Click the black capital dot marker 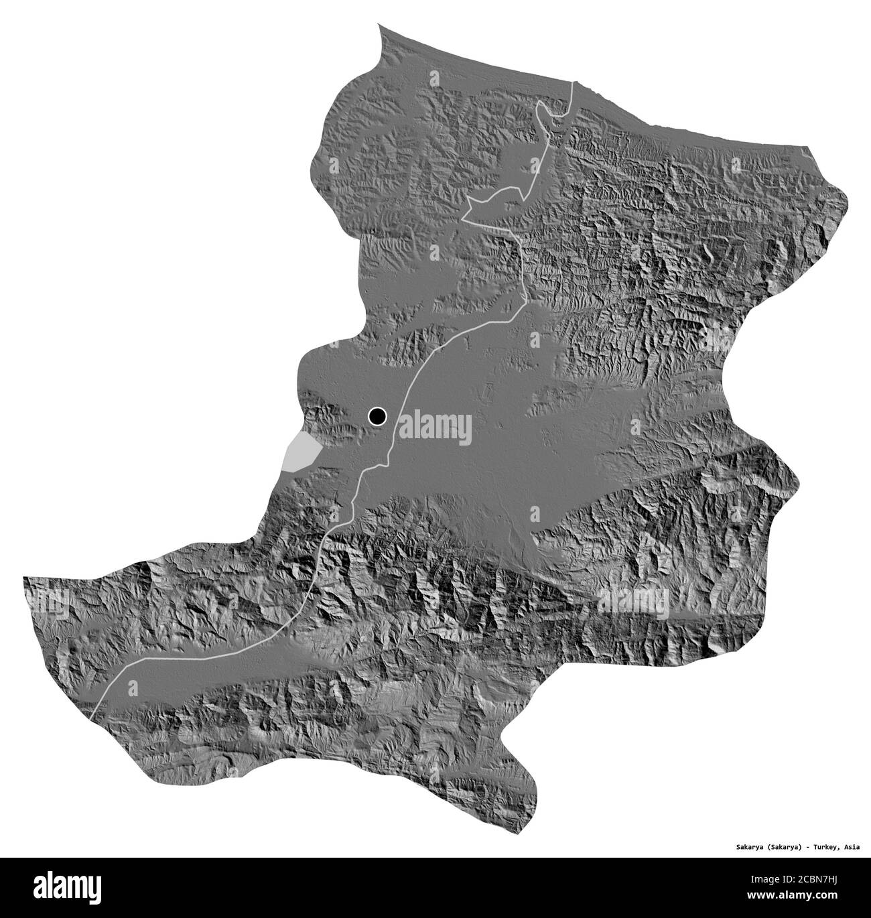pyautogui.click(x=377, y=417)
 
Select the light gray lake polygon pyautogui.click(x=299, y=452)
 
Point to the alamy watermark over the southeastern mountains pyautogui.click(x=633, y=600)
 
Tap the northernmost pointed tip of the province pyautogui.click(x=379, y=25)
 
